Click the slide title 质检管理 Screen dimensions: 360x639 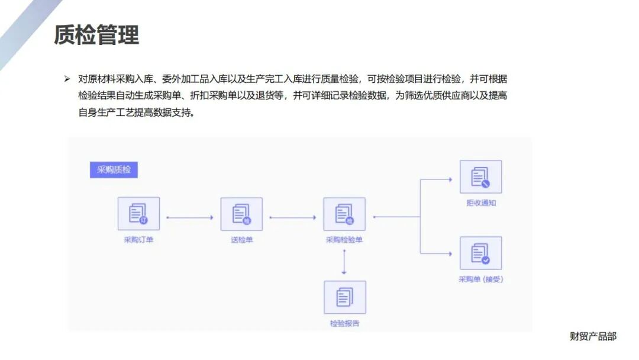click(96, 35)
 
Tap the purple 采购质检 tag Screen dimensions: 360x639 click(114, 170)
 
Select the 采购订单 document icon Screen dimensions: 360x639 click(138, 213)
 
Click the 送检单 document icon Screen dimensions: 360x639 click(241, 213)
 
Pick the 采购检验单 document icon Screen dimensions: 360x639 click(344, 213)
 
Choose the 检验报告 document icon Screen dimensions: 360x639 click(344, 297)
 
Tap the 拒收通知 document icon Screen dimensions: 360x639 click(480, 176)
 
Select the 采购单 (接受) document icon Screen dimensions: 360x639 click(480, 253)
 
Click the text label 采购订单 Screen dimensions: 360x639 click(138, 240)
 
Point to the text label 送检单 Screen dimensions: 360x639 click(241, 240)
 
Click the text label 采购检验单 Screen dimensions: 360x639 click(344, 240)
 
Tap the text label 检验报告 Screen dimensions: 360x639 click(344, 323)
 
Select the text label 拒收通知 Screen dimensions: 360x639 click(480, 203)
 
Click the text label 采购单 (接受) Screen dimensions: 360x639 click(480, 279)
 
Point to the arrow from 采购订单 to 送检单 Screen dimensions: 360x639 click(189, 217)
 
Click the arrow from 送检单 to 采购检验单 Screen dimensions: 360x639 click(292, 217)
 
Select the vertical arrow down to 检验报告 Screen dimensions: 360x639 click(344, 262)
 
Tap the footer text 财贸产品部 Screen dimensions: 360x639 click(593, 336)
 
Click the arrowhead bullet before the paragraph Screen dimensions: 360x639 click(67, 79)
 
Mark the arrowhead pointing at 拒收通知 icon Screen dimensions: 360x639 click(450, 179)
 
